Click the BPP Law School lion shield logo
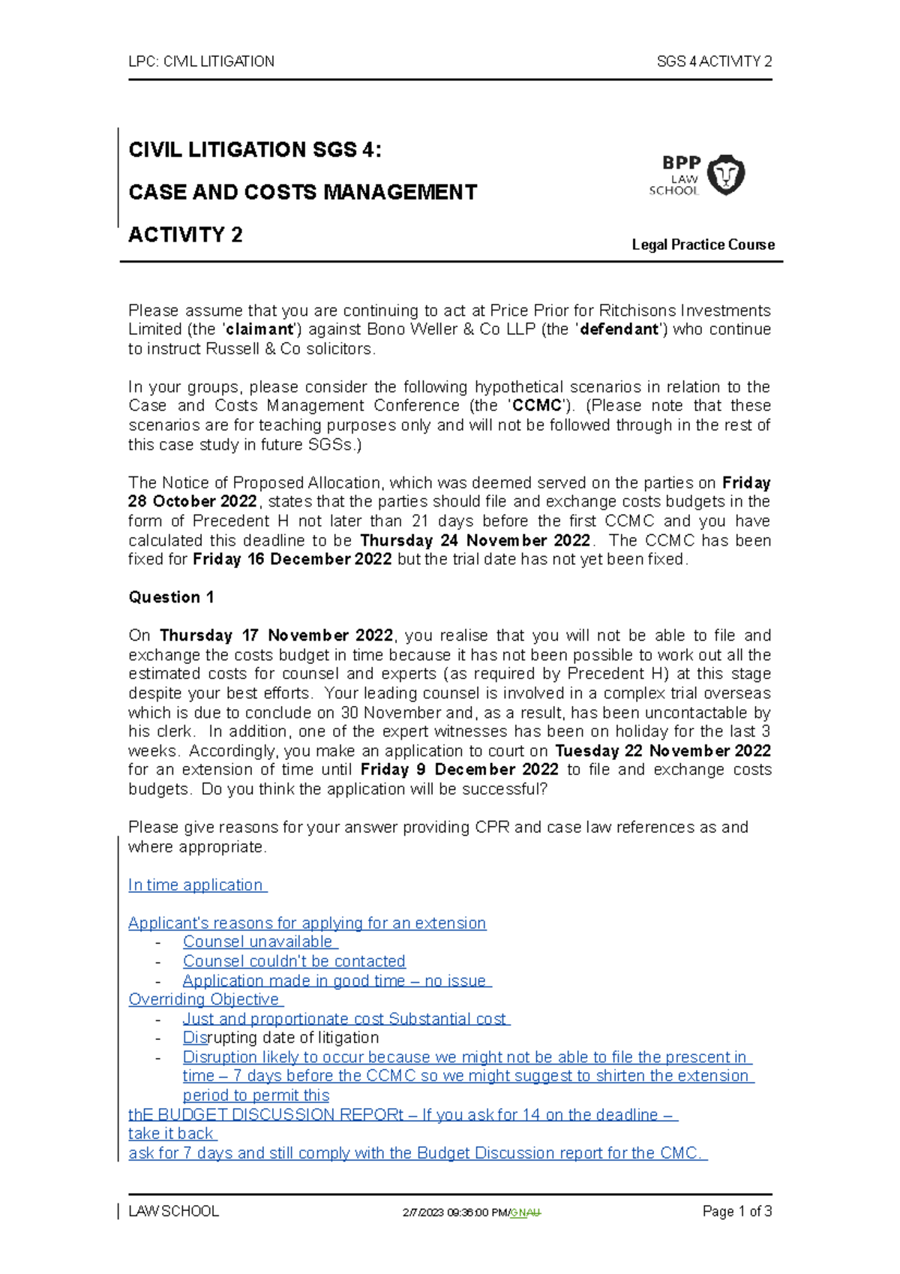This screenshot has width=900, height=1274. (x=725, y=175)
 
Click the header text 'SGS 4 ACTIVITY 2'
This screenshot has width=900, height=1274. (x=713, y=62)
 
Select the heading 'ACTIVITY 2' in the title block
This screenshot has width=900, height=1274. (x=185, y=235)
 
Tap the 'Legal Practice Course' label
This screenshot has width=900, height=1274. (x=703, y=245)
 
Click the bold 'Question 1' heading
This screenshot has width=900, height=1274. (x=171, y=597)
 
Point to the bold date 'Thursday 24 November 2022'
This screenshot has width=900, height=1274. (x=475, y=540)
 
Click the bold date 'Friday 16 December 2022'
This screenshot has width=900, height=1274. (x=292, y=559)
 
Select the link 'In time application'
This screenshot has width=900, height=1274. (x=196, y=885)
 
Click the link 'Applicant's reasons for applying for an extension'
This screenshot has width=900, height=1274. (x=307, y=923)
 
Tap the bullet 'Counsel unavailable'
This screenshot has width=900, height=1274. (x=259, y=942)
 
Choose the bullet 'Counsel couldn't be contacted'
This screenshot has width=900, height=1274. (x=294, y=961)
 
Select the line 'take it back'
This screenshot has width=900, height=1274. (x=172, y=1134)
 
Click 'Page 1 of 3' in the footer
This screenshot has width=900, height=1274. (x=736, y=1211)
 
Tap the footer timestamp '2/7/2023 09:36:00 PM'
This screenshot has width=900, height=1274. (x=454, y=1212)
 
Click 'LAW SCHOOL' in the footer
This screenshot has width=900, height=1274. (x=174, y=1211)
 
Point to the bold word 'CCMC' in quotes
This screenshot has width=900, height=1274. (x=536, y=406)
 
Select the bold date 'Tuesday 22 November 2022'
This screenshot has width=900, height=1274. (x=662, y=751)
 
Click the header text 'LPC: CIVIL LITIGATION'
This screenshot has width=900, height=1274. (x=201, y=62)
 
